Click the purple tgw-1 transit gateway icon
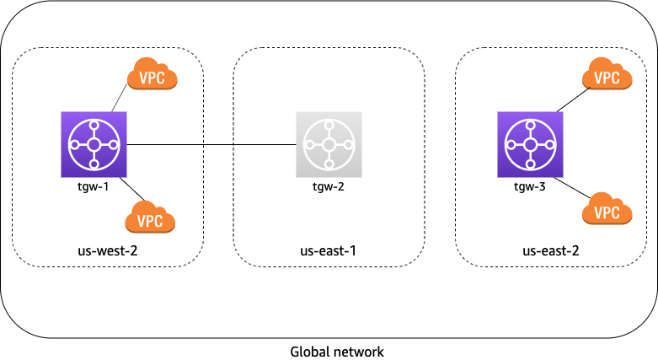[x=94, y=144]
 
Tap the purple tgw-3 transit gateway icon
[x=530, y=144]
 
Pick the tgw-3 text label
[x=530, y=186]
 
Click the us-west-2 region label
[x=107, y=250]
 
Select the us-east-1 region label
[x=329, y=250]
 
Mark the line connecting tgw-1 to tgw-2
[x=211, y=144]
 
